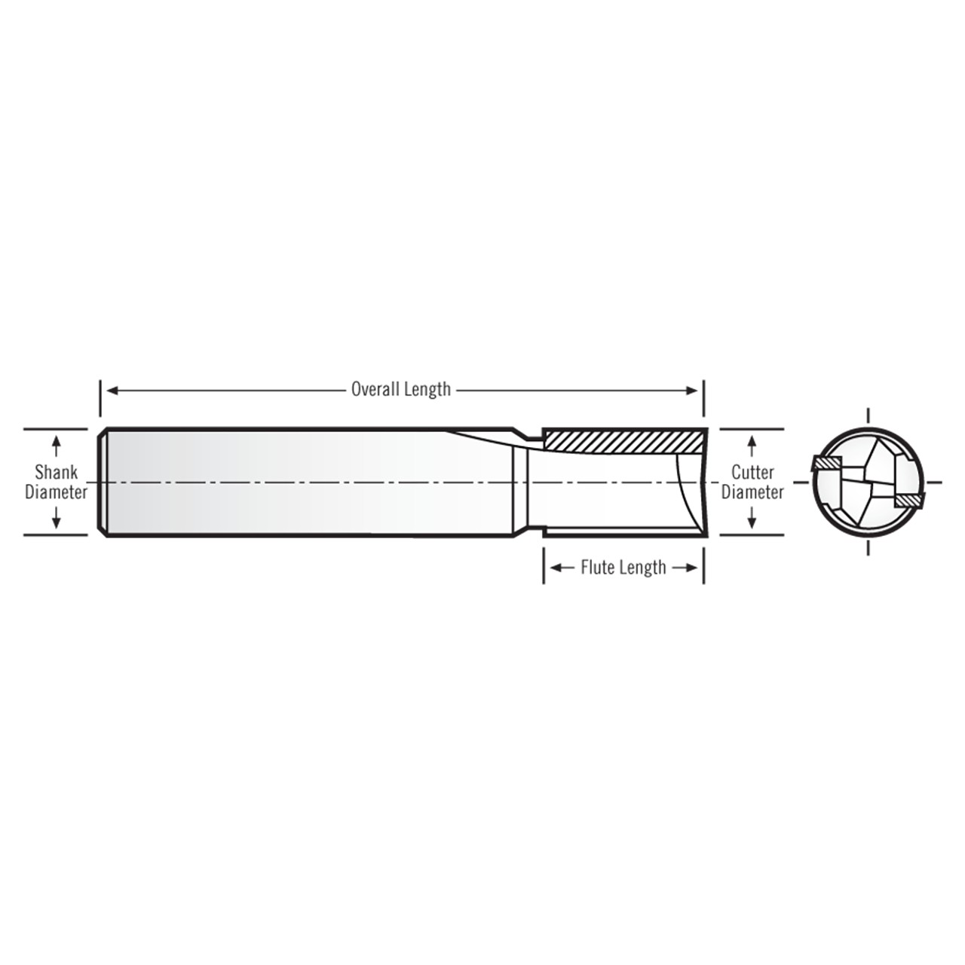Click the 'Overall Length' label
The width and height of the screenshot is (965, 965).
pyautogui.click(x=400, y=389)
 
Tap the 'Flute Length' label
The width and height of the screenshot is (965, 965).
pyautogui.click(x=623, y=567)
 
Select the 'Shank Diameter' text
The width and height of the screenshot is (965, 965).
pyautogui.click(x=56, y=482)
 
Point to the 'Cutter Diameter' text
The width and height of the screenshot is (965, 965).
pyautogui.click(x=752, y=482)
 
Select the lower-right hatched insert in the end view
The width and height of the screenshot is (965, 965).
pyautogui.click(x=908, y=499)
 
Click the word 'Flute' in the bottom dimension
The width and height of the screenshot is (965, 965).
pyautogui.click(x=596, y=567)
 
